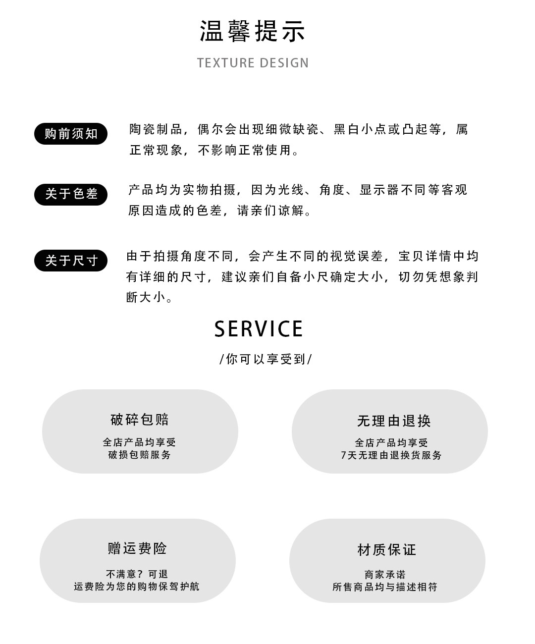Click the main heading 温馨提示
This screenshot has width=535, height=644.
click(253, 31)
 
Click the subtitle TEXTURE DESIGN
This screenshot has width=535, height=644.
click(253, 63)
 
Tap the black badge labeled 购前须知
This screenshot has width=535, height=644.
click(71, 134)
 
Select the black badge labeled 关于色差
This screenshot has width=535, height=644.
click(71, 194)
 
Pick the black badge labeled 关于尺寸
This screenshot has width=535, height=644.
click(71, 261)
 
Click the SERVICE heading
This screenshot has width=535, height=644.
click(259, 329)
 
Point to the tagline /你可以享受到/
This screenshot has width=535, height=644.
click(266, 359)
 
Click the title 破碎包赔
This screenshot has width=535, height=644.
click(140, 420)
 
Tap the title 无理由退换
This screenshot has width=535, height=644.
click(394, 421)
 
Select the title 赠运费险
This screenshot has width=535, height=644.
click(137, 548)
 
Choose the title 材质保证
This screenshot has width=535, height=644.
click(387, 549)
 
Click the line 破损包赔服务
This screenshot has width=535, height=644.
click(140, 455)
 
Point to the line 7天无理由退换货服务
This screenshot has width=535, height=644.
click(391, 455)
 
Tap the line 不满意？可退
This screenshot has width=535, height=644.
click(137, 574)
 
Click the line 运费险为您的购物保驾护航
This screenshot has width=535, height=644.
click(137, 587)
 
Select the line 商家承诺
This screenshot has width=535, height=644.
click(385, 575)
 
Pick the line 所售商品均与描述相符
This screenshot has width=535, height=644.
click(385, 587)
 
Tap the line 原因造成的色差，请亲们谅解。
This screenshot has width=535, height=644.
click(221, 211)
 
